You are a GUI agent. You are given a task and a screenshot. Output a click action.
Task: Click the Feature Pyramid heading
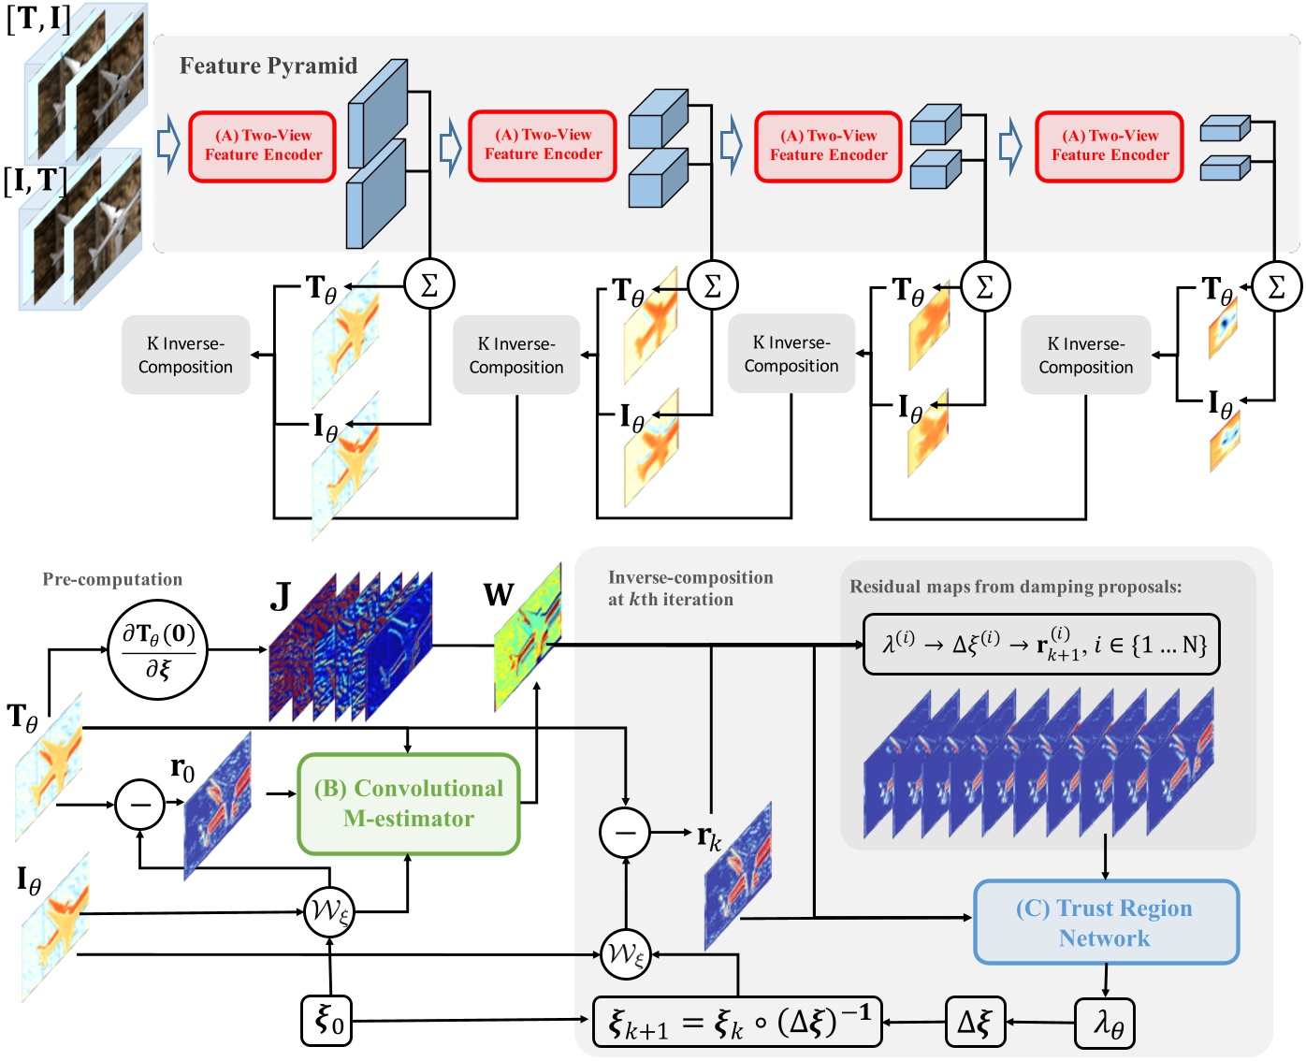click(x=268, y=65)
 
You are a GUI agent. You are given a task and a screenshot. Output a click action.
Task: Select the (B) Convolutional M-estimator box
click(x=409, y=804)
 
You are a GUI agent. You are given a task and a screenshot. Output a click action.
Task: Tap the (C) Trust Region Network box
click(x=1106, y=923)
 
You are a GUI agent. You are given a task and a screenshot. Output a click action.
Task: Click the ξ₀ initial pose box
click(x=327, y=1020)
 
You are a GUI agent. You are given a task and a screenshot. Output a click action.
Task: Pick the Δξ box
click(x=974, y=1021)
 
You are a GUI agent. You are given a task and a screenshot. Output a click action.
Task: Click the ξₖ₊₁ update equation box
click(x=737, y=1021)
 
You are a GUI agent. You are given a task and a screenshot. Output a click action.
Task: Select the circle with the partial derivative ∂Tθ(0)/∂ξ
click(x=158, y=648)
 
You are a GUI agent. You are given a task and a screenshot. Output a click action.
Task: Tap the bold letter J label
click(x=280, y=596)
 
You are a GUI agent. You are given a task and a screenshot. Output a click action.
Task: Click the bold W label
click(x=499, y=594)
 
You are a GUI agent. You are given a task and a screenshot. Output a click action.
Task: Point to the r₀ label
click(x=182, y=769)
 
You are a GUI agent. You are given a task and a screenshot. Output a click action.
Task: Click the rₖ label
click(x=709, y=836)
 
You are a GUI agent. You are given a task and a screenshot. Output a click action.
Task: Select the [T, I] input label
click(x=37, y=18)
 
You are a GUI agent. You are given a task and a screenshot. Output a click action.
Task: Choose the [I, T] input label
click(x=35, y=180)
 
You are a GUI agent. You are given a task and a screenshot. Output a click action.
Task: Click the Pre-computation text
click(x=112, y=579)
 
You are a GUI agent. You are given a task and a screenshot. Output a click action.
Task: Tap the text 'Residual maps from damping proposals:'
click(x=1015, y=587)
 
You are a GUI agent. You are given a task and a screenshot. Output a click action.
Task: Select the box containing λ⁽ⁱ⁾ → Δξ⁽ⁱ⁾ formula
click(x=1041, y=645)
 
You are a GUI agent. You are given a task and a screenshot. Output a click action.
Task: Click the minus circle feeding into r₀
click(x=139, y=804)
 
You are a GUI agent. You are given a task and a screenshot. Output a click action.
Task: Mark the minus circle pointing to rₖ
click(x=625, y=832)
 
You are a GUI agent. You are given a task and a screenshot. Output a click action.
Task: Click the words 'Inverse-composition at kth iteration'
click(x=689, y=589)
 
